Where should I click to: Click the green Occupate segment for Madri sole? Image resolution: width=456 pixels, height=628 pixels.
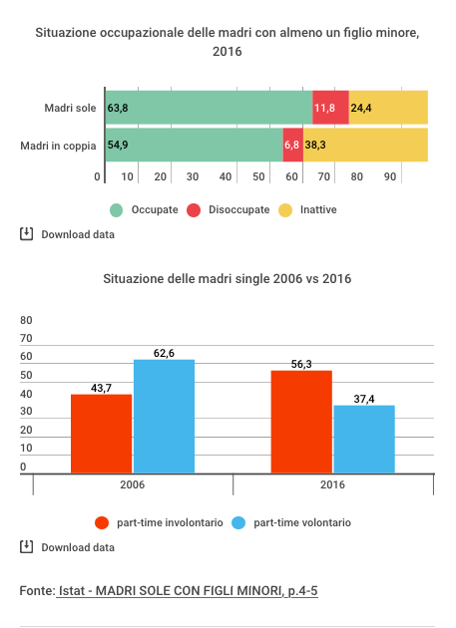click(x=209, y=108)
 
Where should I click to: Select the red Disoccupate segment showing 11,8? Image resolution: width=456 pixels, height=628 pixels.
click(x=330, y=108)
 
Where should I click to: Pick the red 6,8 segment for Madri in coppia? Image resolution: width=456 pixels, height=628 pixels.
click(x=292, y=146)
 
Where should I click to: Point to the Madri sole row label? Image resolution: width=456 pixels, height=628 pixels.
click(x=69, y=108)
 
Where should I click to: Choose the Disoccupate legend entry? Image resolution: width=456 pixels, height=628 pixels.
click(x=228, y=210)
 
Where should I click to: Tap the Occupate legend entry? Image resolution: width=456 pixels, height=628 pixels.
click(x=145, y=210)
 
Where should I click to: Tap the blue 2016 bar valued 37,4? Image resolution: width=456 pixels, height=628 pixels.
click(x=364, y=439)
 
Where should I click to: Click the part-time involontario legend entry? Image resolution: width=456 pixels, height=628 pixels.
click(x=160, y=522)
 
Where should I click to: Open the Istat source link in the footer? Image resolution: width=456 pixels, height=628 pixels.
click(x=188, y=591)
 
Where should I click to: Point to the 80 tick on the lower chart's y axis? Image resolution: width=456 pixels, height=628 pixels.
click(x=27, y=321)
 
